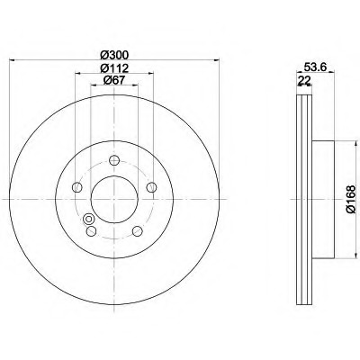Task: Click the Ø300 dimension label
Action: pyautogui.click(x=114, y=55)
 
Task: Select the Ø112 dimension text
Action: pyautogui.click(x=114, y=68)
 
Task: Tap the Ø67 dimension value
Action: pyautogui.click(x=114, y=80)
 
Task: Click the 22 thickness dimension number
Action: pyautogui.click(x=304, y=80)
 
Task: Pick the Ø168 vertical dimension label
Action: pyautogui.click(x=350, y=199)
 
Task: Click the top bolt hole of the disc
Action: pyautogui.click(x=114, y=160)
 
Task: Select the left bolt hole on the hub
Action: pyautogui.click(x=77, y=187)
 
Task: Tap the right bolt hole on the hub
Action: pyautogui.click(x=151, y=187)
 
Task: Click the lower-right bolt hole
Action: pyautogui.click(x=138, y=231)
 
